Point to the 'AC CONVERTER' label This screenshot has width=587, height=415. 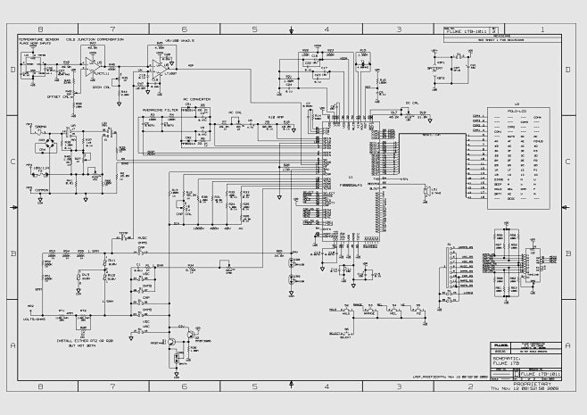(x=197, y=100)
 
